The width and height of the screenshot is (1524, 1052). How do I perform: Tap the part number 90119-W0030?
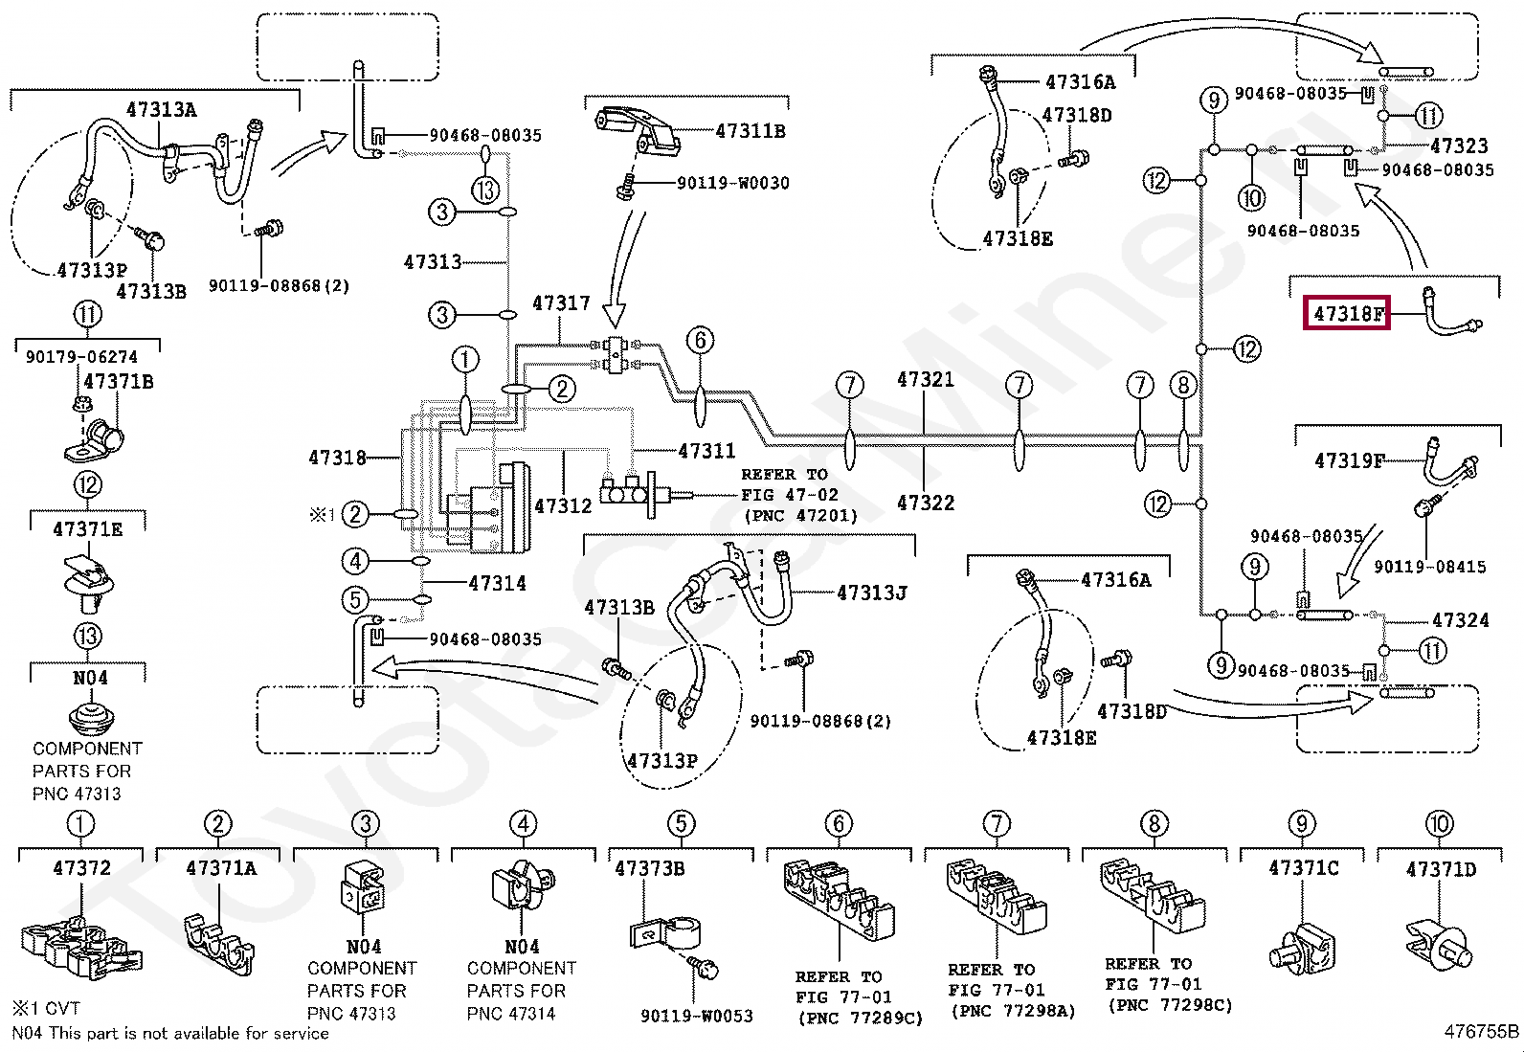pos(732,183)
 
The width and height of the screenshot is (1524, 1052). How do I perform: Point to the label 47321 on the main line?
pos(925,380)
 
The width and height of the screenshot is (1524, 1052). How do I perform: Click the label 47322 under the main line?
pos(925,503)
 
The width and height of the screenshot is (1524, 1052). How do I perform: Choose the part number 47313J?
pos(871,593)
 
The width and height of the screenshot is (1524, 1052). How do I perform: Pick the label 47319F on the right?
pos(1349,461)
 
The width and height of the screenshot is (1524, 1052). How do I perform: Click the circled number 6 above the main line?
pos(700,340)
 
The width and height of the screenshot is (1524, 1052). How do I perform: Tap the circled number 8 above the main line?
pos(1183,386)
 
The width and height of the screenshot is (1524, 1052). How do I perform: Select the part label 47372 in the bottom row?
pos(81,868)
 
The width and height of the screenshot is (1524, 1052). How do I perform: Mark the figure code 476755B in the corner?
pos(1481,1031)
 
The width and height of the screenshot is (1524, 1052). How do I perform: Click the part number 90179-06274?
pos(81,357)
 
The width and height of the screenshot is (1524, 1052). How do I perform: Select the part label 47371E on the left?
pos(87,529)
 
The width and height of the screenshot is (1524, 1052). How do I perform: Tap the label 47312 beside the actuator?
pos(563,505)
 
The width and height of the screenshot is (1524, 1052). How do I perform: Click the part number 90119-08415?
pos(1429,567)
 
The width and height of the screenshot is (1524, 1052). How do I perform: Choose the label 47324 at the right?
pos(1460,620)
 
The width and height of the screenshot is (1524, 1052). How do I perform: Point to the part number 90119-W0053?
pos(696,1016)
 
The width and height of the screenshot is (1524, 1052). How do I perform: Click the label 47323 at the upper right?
pos(1458,146)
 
